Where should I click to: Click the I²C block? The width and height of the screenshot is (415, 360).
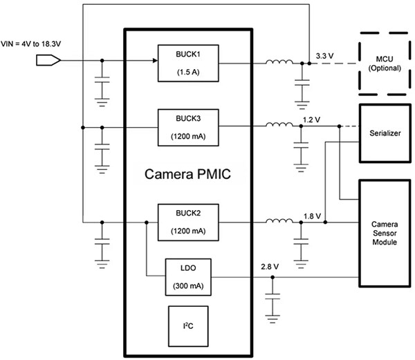point(188,324)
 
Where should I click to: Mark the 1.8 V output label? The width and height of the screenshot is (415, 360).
point(312,215)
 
